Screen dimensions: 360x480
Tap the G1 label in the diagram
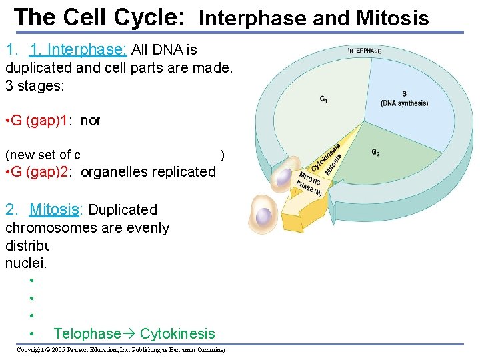point(323,100)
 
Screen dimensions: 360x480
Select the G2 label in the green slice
point(376,153)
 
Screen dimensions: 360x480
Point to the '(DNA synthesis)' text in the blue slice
point(404,103)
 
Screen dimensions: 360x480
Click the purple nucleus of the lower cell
point(264,215)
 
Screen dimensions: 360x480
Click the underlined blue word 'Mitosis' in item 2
point(54,209)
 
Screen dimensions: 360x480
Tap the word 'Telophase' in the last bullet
point(87,333)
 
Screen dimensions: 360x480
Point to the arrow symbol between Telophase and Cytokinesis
point(130,333)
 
